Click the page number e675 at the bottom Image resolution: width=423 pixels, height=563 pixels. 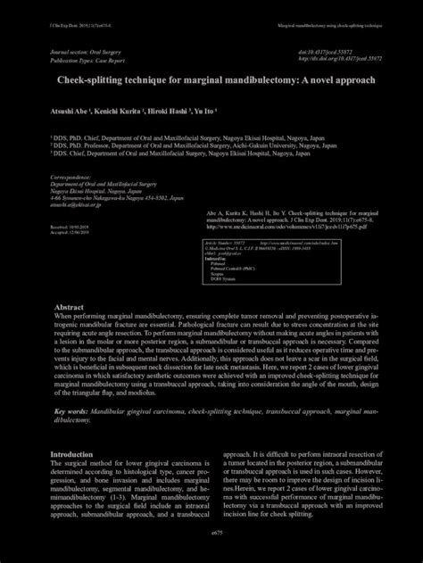pos(211,530)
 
